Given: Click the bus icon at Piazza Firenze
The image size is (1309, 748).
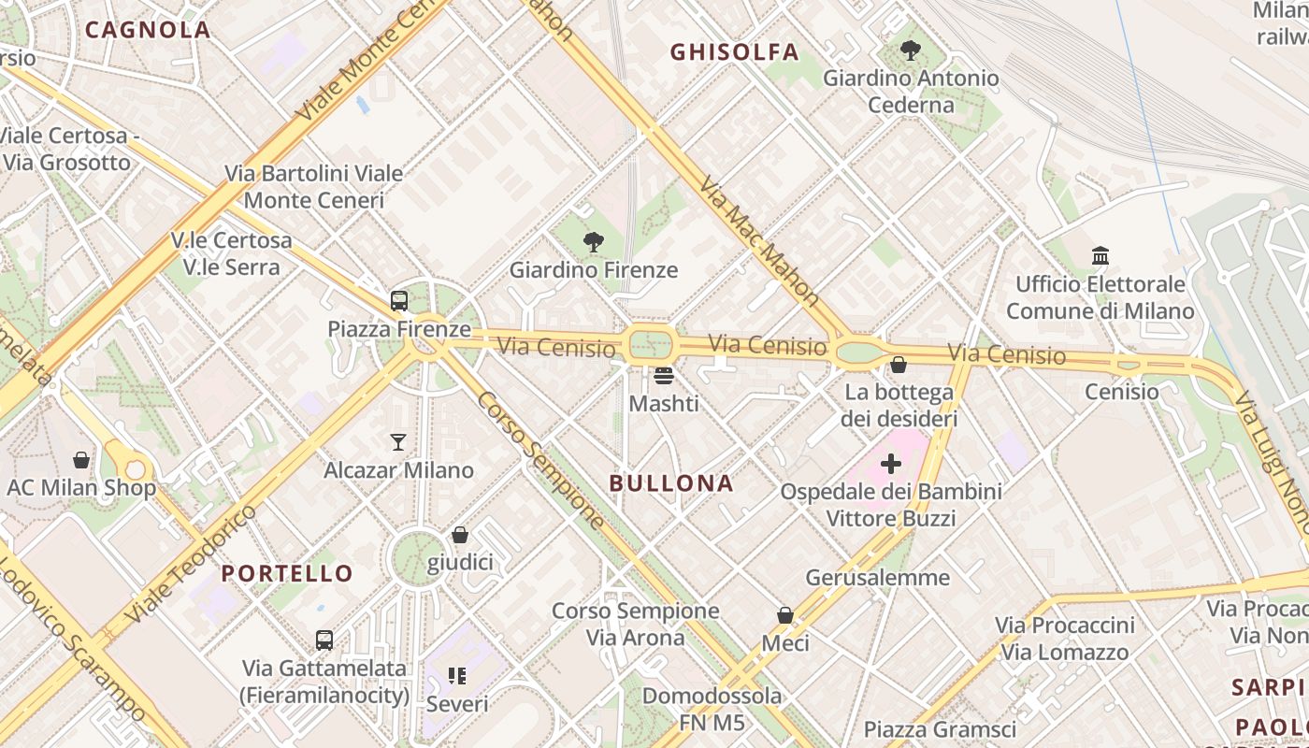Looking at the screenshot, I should click(x=399, y=301).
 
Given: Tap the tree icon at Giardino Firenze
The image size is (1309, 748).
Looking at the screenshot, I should click(x=593, y=243).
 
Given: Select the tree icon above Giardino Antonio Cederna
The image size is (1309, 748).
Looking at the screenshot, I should click(x=910, y=50).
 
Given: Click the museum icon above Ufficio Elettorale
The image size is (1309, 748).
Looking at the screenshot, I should click(x=1100, y=255).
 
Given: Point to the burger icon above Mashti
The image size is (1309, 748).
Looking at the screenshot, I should click(x=664, y=376).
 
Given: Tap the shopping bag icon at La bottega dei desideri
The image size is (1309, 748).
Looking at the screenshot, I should click(x=899, y=365).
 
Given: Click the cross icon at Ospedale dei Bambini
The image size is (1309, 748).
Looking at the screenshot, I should click(x=891, y=463).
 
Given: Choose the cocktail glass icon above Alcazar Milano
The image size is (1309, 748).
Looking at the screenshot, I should click(x=398, y=442).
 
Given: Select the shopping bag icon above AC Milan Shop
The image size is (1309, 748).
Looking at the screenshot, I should click(x=81, y=460).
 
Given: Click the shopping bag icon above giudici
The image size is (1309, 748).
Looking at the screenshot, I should click(x=459, y=535).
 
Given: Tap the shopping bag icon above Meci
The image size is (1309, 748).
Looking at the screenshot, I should click(x=784, y=615).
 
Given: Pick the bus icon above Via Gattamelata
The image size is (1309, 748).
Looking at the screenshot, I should click(x=324, y=640).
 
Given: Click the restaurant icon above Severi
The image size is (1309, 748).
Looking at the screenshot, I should click(x=456, y=675).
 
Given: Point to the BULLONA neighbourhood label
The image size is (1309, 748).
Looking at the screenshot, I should click(x=671, y=483).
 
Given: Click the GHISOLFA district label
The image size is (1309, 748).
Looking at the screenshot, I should click(x=735, y=52).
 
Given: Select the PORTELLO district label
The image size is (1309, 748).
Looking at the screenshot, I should click(x=287, y=573).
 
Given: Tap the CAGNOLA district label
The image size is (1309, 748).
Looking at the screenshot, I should click(x=148, y=29).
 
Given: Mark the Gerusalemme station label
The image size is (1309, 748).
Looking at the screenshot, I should click(x=877, y=577).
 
